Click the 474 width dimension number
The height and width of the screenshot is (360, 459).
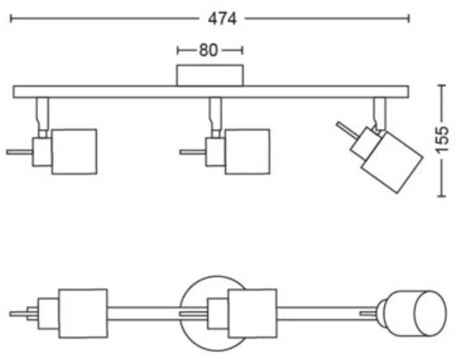tap(222, 19)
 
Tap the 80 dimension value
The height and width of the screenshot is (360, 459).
tap(209, 51)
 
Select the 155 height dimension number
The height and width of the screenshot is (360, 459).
tap(442, 140)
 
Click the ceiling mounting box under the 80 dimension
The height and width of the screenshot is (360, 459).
tap(210, 75)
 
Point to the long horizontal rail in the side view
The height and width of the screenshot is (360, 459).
tap(211, 92)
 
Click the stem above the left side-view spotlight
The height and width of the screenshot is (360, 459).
tap(43, 117)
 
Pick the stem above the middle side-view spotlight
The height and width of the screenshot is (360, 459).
tap(215, 117)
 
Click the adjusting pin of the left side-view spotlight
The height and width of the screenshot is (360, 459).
tap(20, 152)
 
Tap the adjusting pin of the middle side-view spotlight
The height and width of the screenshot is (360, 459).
tap(192, 152)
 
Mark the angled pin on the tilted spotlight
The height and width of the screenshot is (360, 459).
tap(347, 129)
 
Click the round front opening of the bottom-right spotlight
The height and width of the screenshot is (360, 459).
tap(431, 314)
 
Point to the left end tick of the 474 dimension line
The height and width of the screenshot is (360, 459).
tap(11, 18)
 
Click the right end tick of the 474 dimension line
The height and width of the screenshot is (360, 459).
tap(408, 18)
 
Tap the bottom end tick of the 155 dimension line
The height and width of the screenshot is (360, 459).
tap(442, 196)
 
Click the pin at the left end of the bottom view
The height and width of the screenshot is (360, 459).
tap(19, 314)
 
